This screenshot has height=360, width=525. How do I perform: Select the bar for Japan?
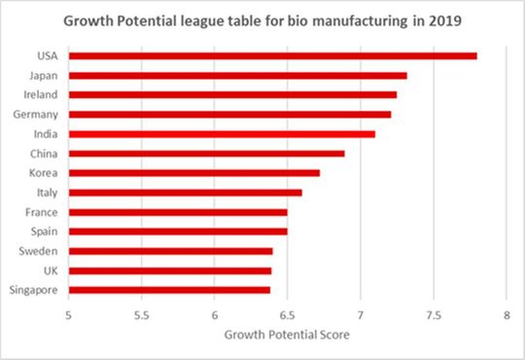237,75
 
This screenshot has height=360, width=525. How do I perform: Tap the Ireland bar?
232,94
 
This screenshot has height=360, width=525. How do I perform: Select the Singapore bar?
169,289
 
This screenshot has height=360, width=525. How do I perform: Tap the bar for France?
178,211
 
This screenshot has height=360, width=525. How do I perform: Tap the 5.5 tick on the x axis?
141,315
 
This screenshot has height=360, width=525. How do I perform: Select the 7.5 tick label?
434,315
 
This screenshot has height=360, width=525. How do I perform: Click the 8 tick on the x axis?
507,315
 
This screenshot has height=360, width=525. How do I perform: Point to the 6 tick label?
214,315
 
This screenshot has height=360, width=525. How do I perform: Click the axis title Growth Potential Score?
287,335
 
